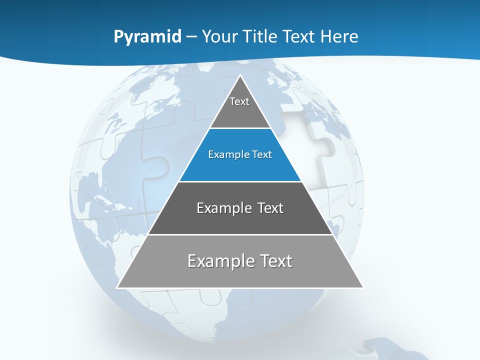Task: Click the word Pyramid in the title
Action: (147, 37)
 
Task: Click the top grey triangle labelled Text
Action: (240, 107)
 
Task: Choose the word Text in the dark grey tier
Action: (269, 208)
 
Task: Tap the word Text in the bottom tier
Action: (275, 261)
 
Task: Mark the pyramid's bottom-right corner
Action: (362, 287)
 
